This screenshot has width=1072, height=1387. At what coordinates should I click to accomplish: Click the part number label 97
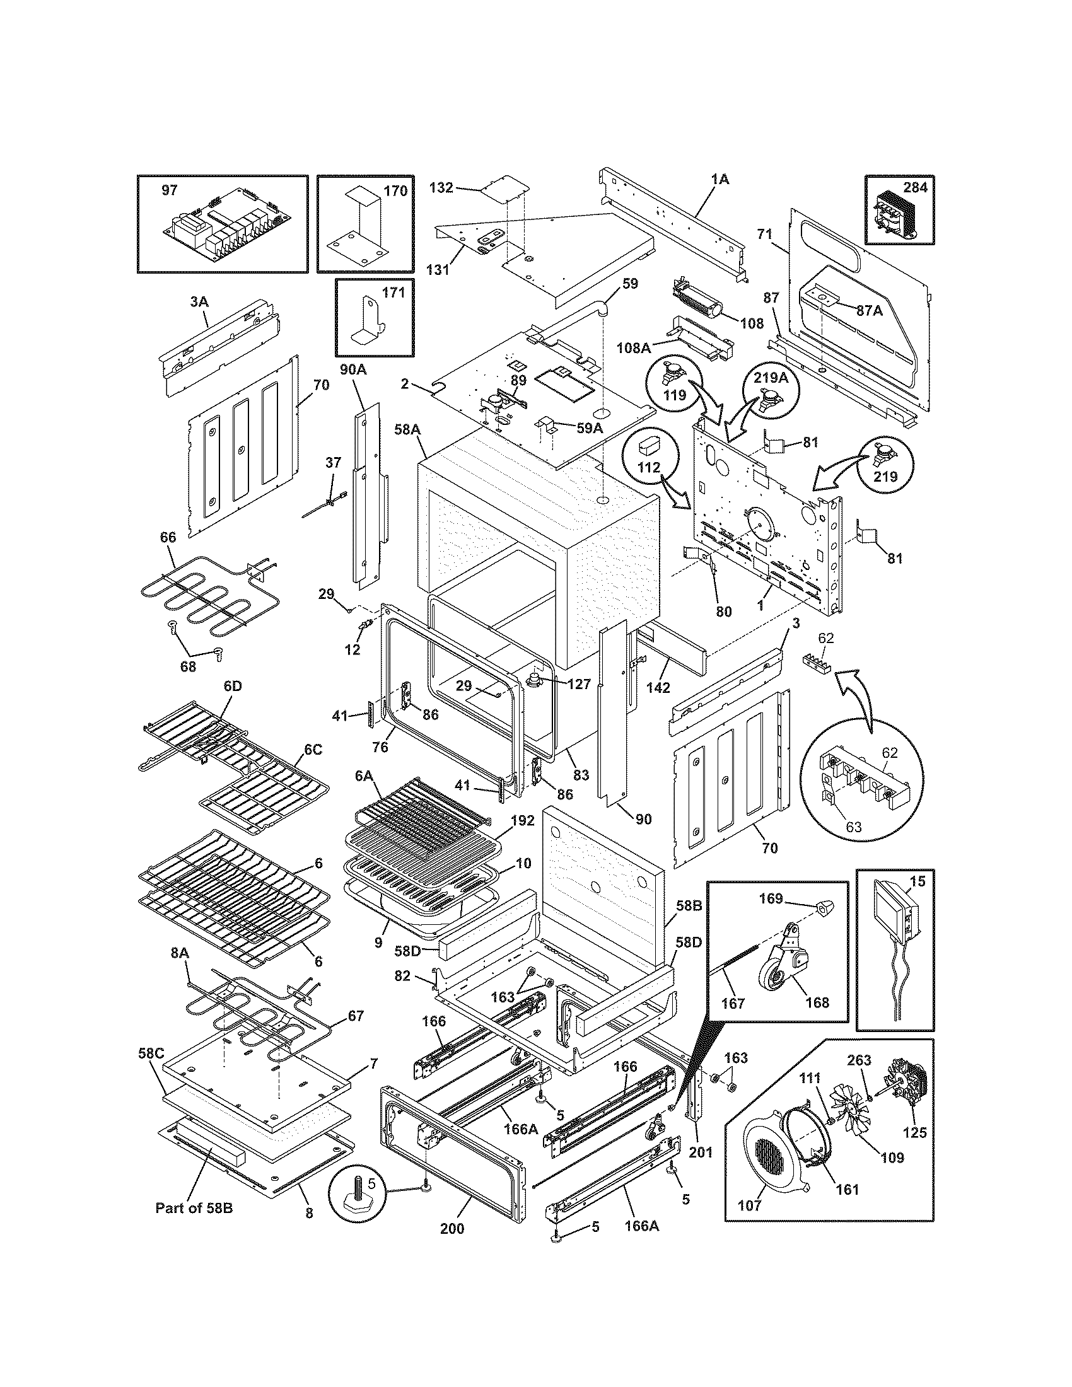point(170,190)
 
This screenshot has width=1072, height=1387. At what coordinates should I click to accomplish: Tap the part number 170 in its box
point(395,190)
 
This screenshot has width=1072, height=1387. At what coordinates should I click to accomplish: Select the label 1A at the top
point(720,180)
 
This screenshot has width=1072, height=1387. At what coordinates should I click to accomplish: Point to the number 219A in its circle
point(771,377)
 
